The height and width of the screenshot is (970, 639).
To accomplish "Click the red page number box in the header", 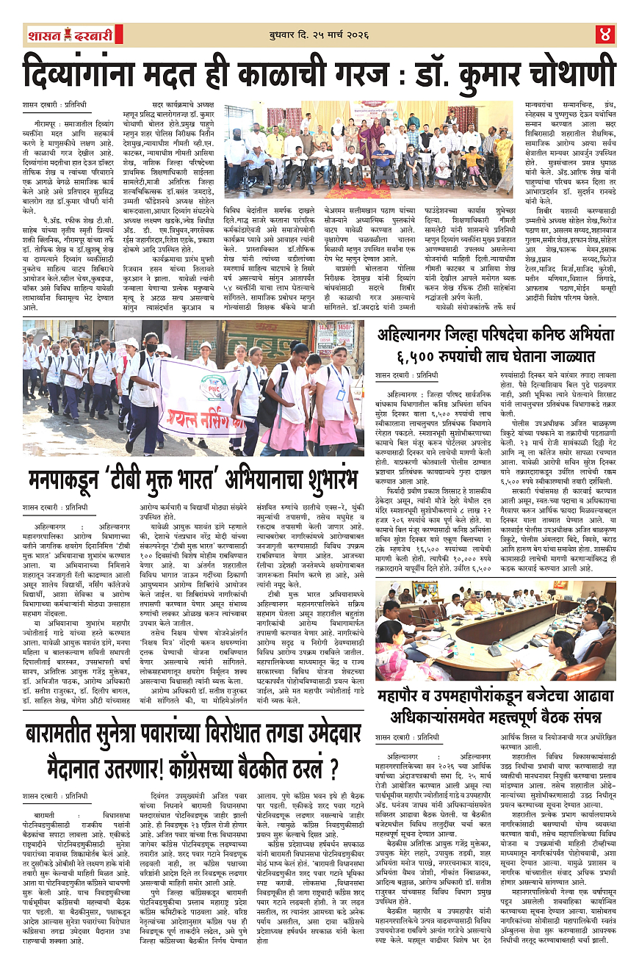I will tap(606, 35).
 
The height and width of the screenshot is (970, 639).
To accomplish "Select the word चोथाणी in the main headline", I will tap(557, 74).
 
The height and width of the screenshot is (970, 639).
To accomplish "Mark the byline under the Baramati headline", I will tap(54, 795).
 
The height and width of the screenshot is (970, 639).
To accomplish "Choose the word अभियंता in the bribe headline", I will tap(581, 336).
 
